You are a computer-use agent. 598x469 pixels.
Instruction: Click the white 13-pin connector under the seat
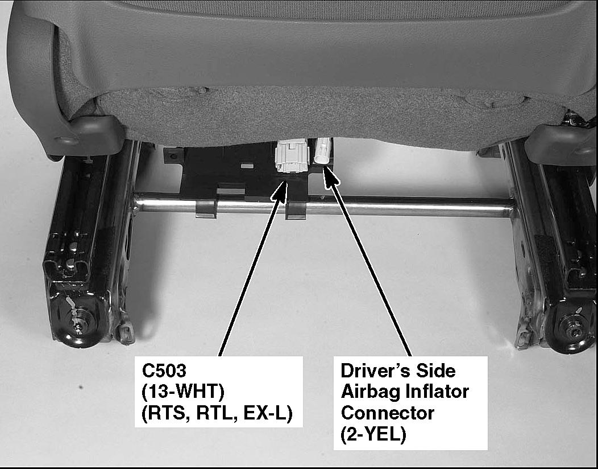292,156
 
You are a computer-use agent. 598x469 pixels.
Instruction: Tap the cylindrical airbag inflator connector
322,151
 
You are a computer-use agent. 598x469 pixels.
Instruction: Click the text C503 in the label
164,371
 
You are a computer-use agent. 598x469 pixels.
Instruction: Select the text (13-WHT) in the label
183,392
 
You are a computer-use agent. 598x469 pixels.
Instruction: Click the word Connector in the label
388,413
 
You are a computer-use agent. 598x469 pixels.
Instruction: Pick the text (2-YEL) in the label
373,434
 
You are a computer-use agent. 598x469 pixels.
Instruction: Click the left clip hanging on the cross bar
206,209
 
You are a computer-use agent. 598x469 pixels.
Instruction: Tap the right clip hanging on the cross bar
296,211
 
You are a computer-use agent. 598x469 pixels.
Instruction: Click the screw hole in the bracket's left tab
173,156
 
